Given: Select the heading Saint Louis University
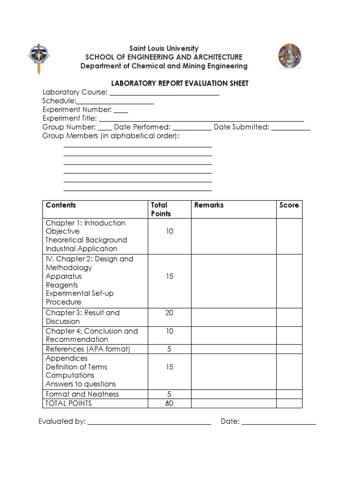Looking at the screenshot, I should [x=164, y=48].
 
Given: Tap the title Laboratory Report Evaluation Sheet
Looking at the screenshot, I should [x=180, y=83].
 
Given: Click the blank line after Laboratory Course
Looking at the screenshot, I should [x=164, y=94].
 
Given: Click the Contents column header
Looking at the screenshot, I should [x=61, y=205].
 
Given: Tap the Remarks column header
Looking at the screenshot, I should [x=209, y=205].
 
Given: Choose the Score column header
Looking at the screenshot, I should [x=289, y=205].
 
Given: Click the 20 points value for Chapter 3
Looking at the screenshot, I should [x=169, y=313].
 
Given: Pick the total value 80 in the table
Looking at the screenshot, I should [x=169, y=403].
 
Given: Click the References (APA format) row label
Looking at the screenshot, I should [x=88, y=349].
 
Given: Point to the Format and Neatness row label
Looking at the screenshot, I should [x=82, y=394].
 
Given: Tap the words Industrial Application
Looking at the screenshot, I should [x=82, y=248].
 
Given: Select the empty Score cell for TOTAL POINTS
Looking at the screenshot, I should [x=289, y=403].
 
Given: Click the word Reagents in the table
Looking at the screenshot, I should [x=62, y=285].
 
